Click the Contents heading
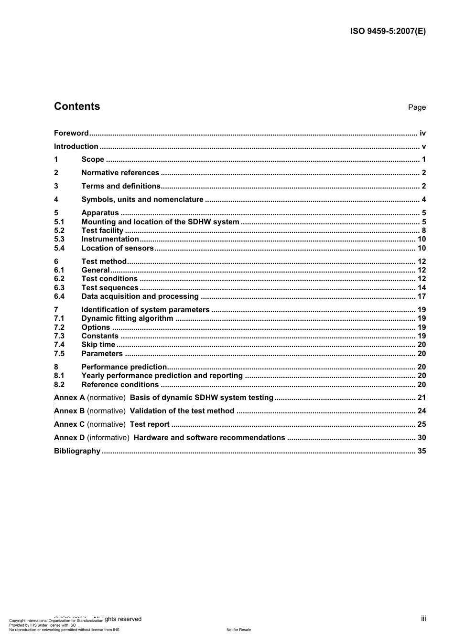[77, 106]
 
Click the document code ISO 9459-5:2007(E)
[388, 32]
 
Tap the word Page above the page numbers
[416, 107]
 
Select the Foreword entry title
[71, 133]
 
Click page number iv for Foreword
[422, 133]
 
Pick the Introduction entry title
[76, 147]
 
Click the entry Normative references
[120, 173]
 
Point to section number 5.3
[59, 239]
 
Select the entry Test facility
[102, 231]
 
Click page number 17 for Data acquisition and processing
[422, 296]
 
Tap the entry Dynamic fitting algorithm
[127, 318]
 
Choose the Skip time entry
[98, 345]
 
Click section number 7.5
[59, 354]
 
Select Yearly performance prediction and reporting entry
[162, 376]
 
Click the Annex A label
[69, 398]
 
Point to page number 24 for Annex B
[422, 411]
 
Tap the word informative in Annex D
[108, 438]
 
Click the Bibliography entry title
[77, 451]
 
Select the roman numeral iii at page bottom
[423, 619]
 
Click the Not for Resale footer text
[238, 630]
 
